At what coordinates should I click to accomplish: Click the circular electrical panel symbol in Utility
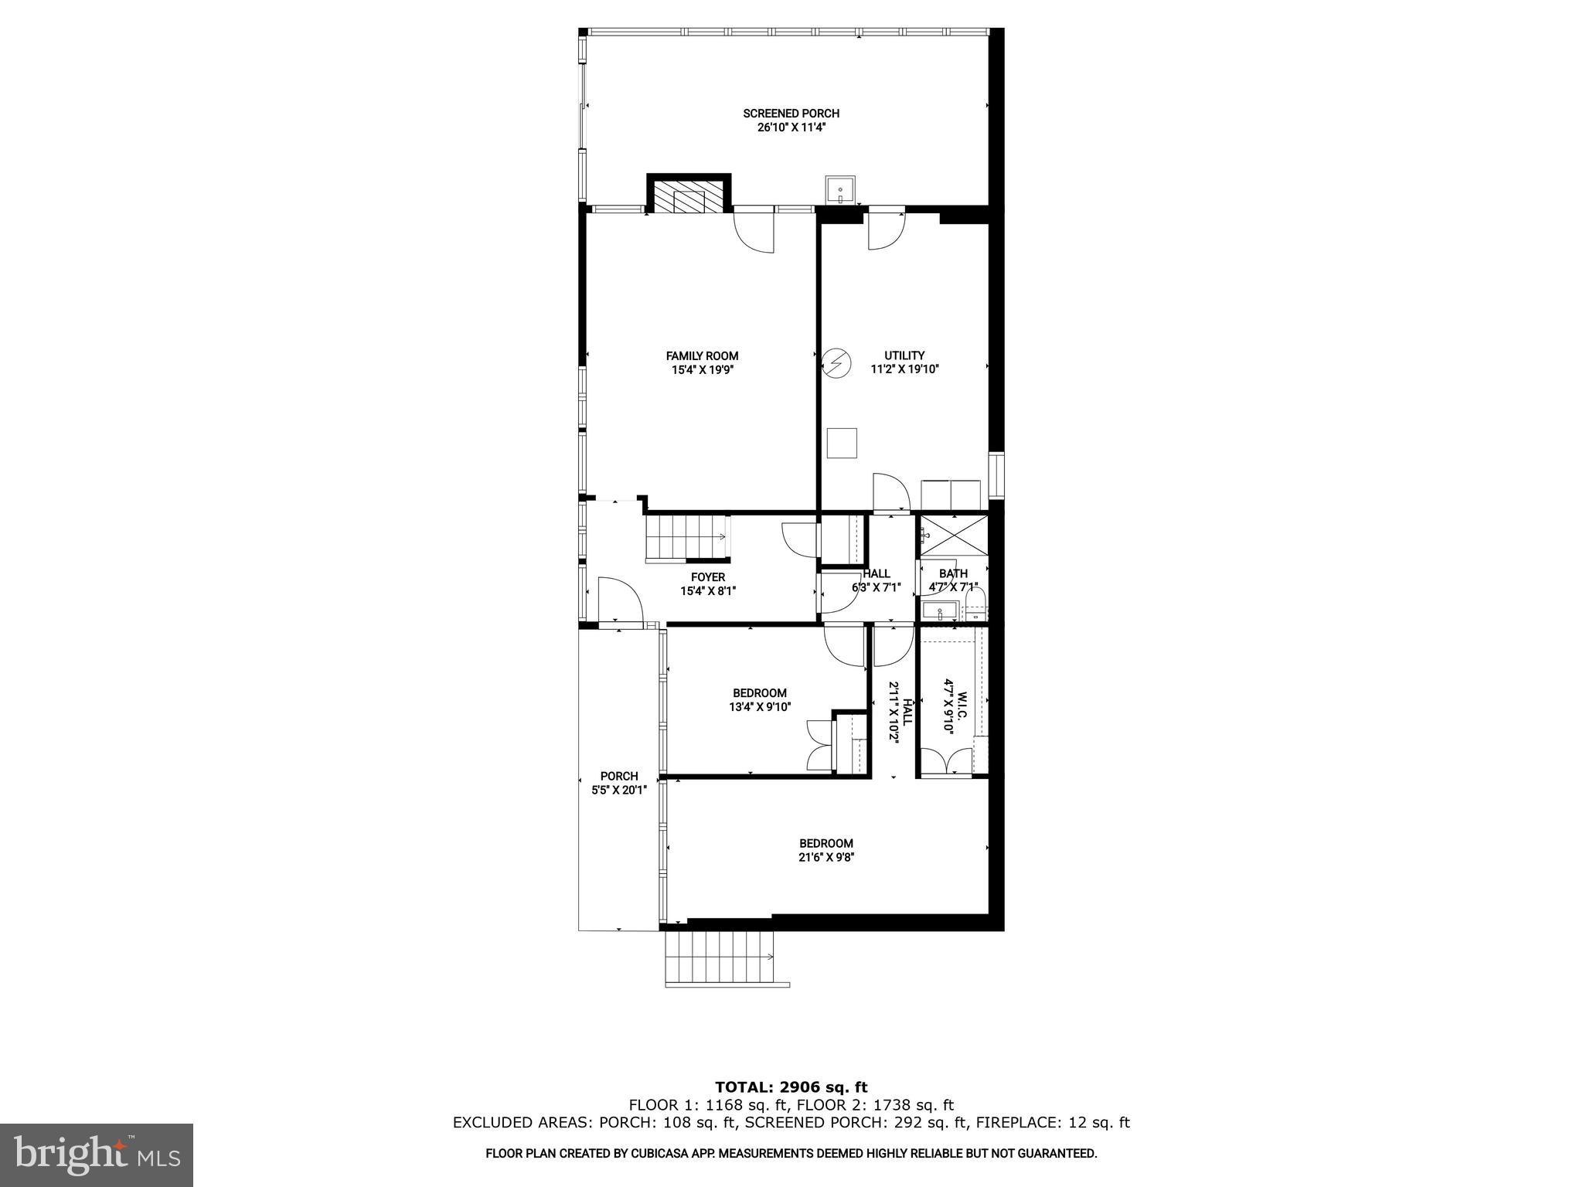pyautogui.click(x=836, y=362)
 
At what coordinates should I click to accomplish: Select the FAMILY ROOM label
pyautogui.click(x=702, y=356)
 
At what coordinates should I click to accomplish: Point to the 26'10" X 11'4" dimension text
pyautogui.click(x=791, y=128)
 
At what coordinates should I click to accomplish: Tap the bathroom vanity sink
pyautogui.click(x=939, y=611)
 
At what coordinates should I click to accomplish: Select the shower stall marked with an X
pyautogui.click(x=952, y=536)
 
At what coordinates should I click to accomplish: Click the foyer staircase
pyautogui.click(x=686, y=537)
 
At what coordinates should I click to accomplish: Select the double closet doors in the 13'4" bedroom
pyautogui.click(x=819, y=745)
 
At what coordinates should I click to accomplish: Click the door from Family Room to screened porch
pyautogui.click(x=754, y=230)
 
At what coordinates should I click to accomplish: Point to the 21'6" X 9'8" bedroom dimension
pyautogui.click(x=826, y=857)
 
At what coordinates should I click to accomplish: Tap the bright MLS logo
pyautogui.click(x=97, y=1155)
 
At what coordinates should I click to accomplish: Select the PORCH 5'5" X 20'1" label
pyautogui.click(x=618, y=783)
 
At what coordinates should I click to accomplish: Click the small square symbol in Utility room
pyautogui.click(x=842, y=443)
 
